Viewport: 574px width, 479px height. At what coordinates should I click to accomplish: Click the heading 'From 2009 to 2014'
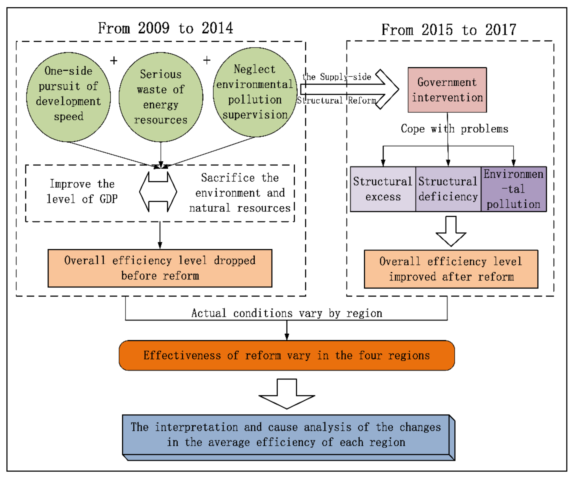(x=165, y=28)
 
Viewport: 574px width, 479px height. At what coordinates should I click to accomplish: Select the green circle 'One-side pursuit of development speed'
(x=68, y=97)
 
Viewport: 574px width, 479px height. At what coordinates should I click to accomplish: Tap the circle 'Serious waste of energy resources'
(x=161, y=97)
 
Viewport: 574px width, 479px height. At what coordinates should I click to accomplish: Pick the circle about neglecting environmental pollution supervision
(x=255, y=92)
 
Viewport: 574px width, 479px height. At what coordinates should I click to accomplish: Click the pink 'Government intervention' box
(x=447, y=90)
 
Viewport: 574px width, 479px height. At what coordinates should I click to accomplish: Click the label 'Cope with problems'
(x=454, y=129)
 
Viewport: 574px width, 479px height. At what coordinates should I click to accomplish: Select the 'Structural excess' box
(x=383, y=189)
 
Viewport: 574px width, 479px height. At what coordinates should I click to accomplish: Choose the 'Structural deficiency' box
(x=448, y=189)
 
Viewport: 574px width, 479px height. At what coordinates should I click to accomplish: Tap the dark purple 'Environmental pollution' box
(x=513, y=189)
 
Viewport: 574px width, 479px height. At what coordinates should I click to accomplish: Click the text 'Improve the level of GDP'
(x=82, y=191)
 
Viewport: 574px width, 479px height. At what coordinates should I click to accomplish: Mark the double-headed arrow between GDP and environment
(x=158, y=192)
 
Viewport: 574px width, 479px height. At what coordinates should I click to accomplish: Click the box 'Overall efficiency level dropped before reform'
(x=160, y=268)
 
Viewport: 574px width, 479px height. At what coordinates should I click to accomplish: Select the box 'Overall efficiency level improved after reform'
(x=451, y=269)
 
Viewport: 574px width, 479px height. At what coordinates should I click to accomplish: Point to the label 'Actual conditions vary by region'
(x=286, y=313)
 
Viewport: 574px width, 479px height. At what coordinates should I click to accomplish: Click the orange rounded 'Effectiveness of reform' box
(x=286, y=355)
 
